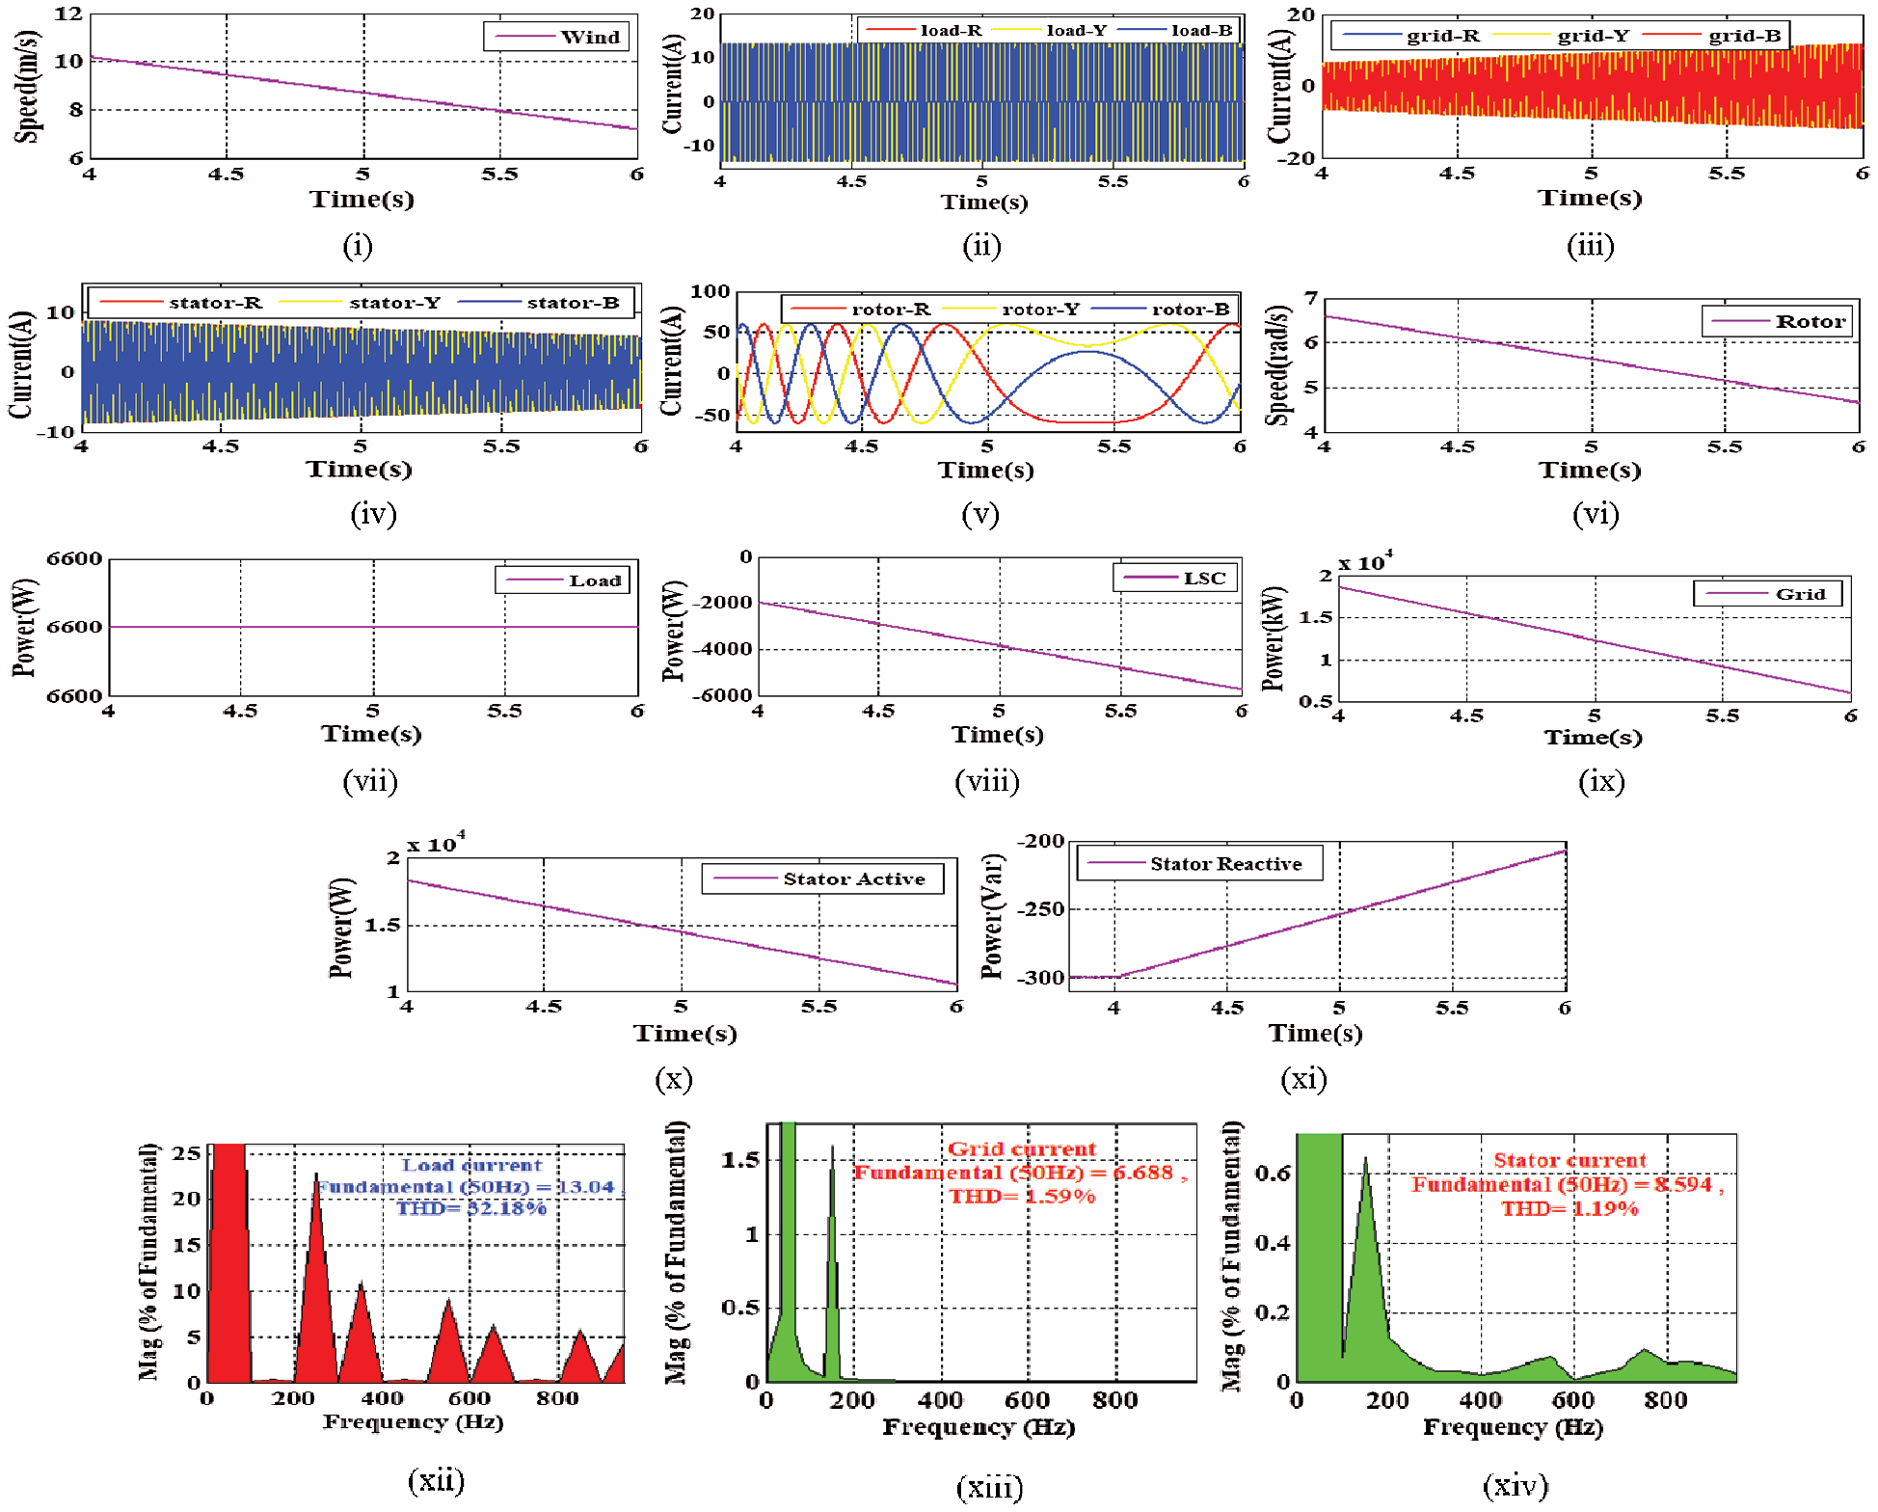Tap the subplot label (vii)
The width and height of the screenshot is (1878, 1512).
pos(370,781)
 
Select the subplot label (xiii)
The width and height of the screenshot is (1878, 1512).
pos(989,1487)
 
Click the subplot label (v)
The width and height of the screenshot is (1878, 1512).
pos(980,514)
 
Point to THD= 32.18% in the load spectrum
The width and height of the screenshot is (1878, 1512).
pos(471,1208)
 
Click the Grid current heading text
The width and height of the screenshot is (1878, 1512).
pos(1022,1148)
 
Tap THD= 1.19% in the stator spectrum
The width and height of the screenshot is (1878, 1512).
pos(1569,1208)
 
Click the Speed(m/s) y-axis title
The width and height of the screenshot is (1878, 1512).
pos(27,86)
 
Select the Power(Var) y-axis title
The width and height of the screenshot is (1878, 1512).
pos(992,916)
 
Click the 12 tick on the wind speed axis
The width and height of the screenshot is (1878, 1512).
pos(67,14)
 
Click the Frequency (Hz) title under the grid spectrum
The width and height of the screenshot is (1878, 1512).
pos(979,1427)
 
